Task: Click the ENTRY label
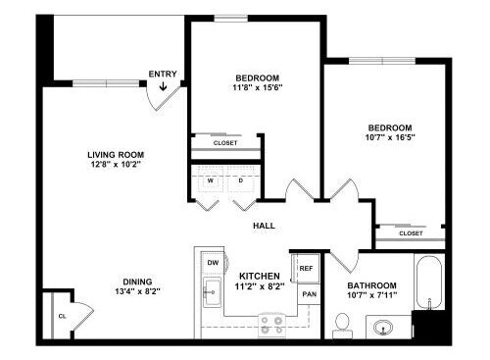click(163, 75)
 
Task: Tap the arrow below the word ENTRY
click(163, 86)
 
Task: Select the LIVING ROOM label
click(116, 155)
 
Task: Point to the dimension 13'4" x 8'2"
click(137, 291)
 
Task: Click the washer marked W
click(211, 180)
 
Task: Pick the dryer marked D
click(241, 180)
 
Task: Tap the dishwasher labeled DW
click(213, 263)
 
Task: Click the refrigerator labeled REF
click(306, 268)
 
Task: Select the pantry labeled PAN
click(309, 294)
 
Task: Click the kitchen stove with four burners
click(271, 326)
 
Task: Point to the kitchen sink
click(212, 292)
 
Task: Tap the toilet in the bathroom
click(342, 326)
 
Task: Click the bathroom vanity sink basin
click(383, 327)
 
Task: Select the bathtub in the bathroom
click(429, 282)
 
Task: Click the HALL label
click(264, 226)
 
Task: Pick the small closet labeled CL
click(62, 316)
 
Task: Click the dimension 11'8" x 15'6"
click(258, 87)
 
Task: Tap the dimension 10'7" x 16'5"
click(390, 137)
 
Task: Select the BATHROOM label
click(371, 285)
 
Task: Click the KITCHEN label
click(260, 276)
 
